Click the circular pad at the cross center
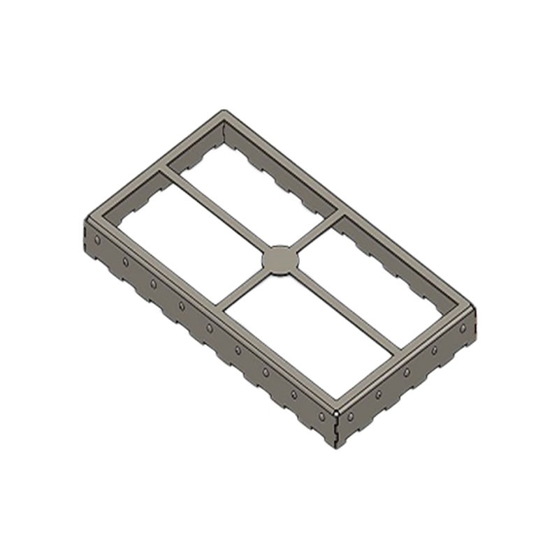tap(280, 260)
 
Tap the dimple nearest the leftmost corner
tap(97, 240)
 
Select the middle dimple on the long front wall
tap(210, 328)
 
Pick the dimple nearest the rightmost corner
tap(463, 328)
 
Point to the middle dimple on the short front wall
tap(406, 372)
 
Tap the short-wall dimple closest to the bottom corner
tap(350, 416)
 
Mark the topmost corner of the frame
tap(224, 112)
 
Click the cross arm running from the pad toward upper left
tap(217, 210)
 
